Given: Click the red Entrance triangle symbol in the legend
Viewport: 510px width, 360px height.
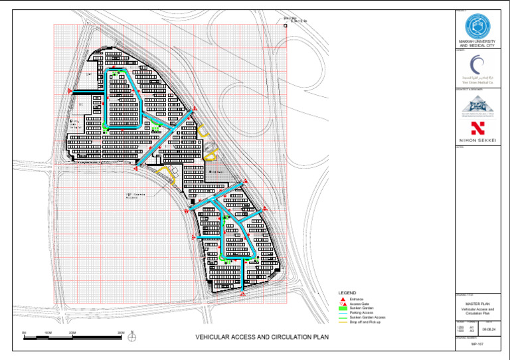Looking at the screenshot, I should pos(343,300).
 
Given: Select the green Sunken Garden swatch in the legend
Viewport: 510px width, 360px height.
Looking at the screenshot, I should pos(343,309).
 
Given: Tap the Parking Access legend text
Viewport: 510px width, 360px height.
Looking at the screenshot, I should pos(360,314).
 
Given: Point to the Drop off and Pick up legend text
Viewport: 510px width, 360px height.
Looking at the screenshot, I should pos(364,322).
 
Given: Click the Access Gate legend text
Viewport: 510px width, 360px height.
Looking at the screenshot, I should pos(358,304).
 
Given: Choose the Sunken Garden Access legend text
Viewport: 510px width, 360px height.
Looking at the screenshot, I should pos(365,317).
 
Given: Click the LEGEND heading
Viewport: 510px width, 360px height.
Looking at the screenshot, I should pos(347,293).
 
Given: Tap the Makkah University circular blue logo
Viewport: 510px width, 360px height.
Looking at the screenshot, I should pos(477,26).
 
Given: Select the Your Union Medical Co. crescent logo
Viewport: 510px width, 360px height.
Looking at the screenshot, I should pos(477,64).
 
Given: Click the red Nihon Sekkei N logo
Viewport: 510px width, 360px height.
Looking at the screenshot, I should pos(477,128).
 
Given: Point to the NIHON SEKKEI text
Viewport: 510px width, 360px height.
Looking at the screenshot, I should pos(477,140).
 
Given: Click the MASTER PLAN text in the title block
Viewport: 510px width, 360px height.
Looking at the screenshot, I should pos(477,303).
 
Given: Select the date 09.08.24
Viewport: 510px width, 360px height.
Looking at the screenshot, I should pos(489,328).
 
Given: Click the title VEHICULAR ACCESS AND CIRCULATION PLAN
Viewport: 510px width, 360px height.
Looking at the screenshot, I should pos(262,337).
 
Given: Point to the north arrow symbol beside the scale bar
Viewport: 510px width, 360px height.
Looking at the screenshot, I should pos(133,336).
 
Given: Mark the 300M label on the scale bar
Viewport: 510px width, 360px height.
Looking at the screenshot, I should pos(121,331).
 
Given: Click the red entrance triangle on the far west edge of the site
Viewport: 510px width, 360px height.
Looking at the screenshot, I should pos(70,92).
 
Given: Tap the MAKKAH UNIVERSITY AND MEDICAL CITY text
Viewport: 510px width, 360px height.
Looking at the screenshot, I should pos(477,43).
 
